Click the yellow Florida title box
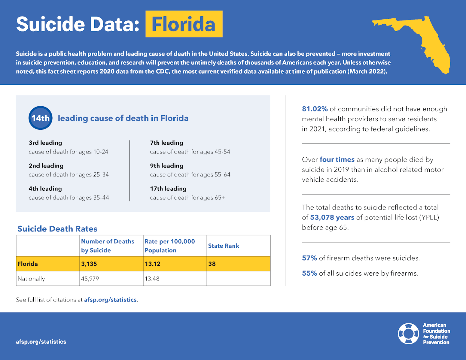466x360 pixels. pos(184,24)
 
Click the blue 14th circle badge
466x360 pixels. pos(40,118)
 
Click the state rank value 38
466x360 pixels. pos(212,264)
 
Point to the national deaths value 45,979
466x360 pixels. pos(90,279)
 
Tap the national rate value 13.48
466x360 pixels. pos(152,279)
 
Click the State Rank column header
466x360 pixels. pos(224,246)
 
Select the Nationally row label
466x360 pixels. pos(31,279)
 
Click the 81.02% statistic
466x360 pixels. pos(315,109)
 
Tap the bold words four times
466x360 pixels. pos(337,159)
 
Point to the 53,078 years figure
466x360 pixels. pos(332,217)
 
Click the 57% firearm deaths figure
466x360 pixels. pos(309,258)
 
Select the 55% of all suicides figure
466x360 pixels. pos(309,273)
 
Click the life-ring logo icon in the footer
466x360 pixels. pos(408,334)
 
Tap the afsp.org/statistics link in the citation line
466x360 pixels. pos(110,300)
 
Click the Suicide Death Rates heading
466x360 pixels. pos(57,229)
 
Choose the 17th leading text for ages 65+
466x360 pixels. pos(168,189)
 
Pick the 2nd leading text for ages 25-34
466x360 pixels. pos(46,166)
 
